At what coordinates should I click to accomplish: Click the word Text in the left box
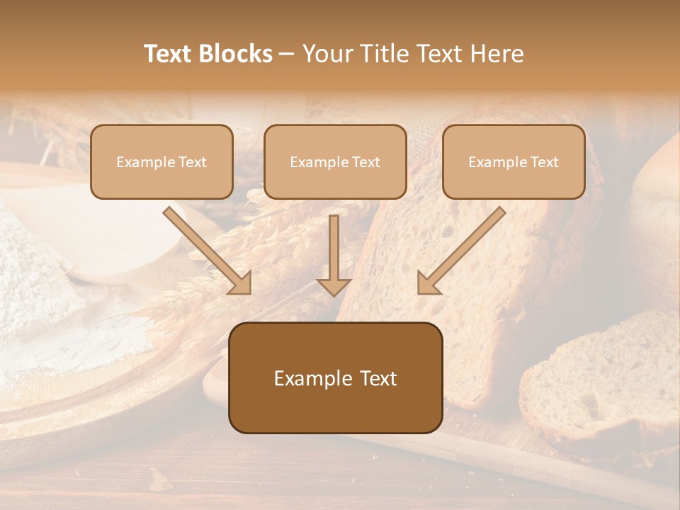[193, 162]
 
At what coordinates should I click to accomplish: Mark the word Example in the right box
[497, 162]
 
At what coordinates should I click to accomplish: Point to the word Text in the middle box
[366, 162]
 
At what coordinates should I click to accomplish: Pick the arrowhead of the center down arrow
[334, 285]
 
